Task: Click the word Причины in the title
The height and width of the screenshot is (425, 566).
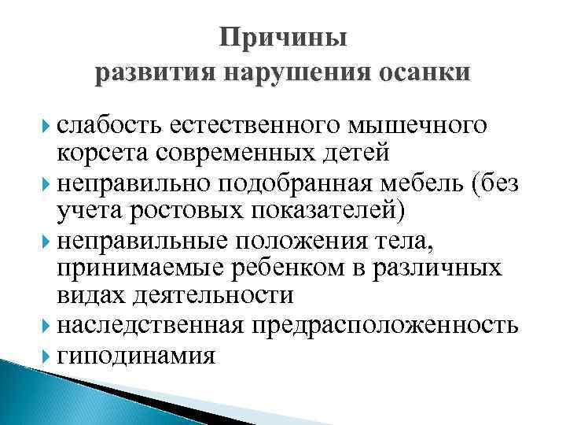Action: point(283,38)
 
